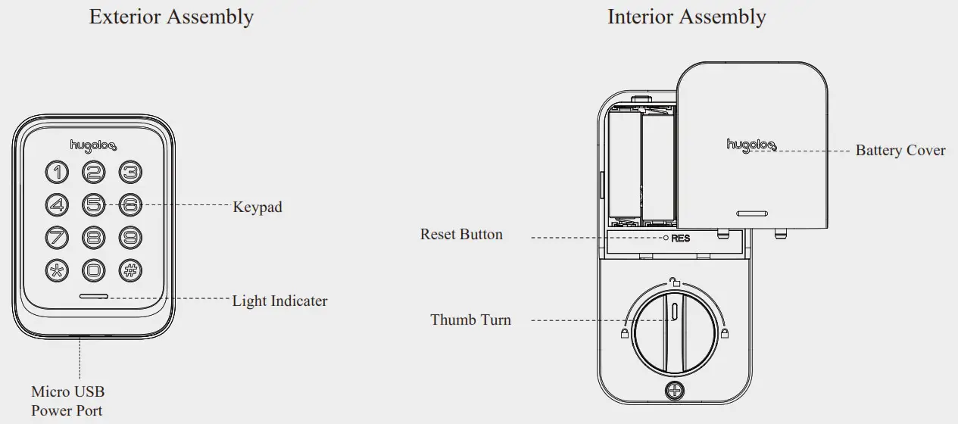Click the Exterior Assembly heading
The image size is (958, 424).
[171, 17]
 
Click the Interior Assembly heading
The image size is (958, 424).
[686, 17]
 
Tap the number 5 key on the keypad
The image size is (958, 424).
[93, 204]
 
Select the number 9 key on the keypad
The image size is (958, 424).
[130, 236]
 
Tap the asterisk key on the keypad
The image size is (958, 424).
[57, 269]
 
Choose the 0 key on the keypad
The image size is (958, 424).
[93, 269]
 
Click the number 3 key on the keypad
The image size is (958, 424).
[130, 173]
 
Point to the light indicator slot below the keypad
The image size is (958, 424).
[92, 297]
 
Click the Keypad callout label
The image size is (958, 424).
[257, 207]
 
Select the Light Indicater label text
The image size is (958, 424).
[279, 301]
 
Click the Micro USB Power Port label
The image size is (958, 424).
[67, 401]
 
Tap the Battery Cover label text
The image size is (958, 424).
[900, 150]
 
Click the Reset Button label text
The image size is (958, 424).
[461, 234]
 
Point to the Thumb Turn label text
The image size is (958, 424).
[470, 320]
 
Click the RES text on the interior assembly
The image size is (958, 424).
[681, 238]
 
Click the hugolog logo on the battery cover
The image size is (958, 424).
[751, 145]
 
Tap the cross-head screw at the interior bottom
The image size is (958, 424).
[672, 391]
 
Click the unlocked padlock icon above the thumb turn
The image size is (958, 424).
[672, 283]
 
